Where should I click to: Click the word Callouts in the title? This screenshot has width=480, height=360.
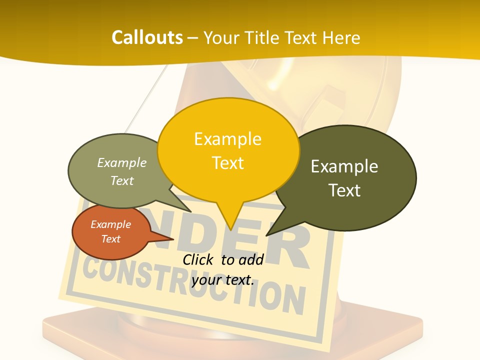click(x=147, y=37)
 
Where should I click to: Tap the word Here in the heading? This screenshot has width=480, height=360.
click(x=341, y=37)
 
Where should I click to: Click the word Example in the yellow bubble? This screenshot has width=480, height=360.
click(x=228, y=138)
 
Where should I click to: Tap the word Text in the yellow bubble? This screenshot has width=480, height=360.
click(x=228, y=163)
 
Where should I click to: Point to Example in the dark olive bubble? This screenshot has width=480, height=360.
click(x=344, y=166)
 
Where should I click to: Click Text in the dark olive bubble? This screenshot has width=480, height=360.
click(x=344, y=190)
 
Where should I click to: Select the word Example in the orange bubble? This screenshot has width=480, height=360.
click(x=110, y=224)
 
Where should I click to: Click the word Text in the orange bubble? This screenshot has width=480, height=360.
click(x=110, y=239)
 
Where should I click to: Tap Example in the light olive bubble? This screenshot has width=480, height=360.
click(x=122, y=162)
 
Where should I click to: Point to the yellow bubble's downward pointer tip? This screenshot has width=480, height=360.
click(x=231, y=229)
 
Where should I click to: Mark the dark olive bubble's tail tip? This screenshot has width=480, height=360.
click(x=267, y=234)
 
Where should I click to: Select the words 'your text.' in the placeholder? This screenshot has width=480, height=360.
click(x=223, y=280)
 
